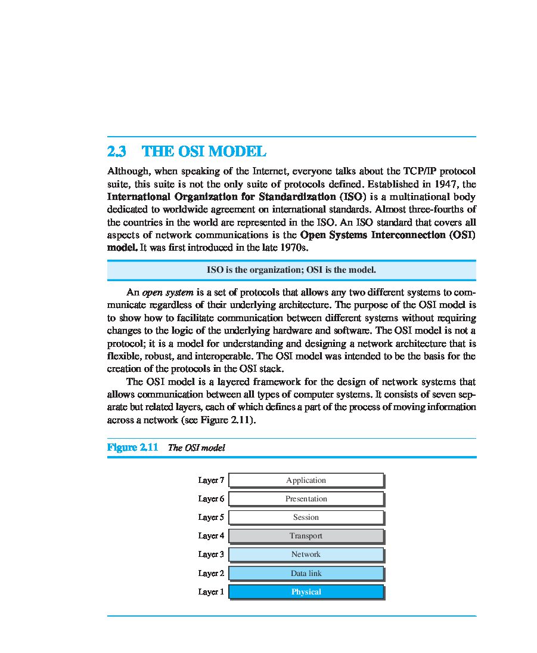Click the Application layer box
306,480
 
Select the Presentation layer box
306,498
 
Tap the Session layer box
306,517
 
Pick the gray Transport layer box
306,535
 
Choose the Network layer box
306,555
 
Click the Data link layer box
306,573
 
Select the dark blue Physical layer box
306,592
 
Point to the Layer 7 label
211,480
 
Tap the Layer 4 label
211,535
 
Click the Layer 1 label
211,592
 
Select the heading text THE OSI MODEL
204,152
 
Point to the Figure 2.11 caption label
132,447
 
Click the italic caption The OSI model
196,448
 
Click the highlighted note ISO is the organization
291,270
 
